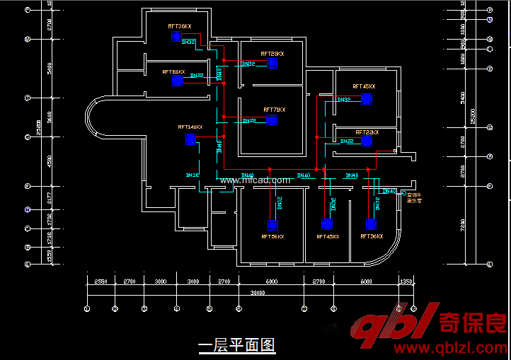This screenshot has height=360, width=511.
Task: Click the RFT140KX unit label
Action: click(x=190, y=127)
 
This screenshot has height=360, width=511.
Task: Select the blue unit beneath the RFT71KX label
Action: click(x=272, y=120)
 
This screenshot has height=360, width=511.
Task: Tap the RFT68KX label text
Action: click(x=173, y=71)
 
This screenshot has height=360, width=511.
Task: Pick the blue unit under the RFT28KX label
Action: click(x=272, y=64)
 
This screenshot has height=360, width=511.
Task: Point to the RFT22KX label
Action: click(x=367, y=132)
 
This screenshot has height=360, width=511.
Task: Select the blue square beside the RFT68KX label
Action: click(x=178, y=81)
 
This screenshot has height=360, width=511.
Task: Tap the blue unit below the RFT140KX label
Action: click(x=190, y=139)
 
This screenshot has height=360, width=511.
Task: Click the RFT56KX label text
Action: click(x=272, y=237)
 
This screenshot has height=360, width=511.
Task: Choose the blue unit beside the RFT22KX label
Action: click(x=366, y=141)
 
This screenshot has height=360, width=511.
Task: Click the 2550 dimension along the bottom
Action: click(x=101, y=281)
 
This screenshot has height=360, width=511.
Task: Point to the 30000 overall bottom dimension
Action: click(x=258, y=292)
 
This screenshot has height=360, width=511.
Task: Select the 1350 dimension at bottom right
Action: click(x=406, y=281)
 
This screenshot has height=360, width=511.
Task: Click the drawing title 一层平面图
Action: click(x=236, y=345)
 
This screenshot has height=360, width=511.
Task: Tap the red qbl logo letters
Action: click(x=393, y=330)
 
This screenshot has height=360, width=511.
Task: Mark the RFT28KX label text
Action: click(x=272, y=54)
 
